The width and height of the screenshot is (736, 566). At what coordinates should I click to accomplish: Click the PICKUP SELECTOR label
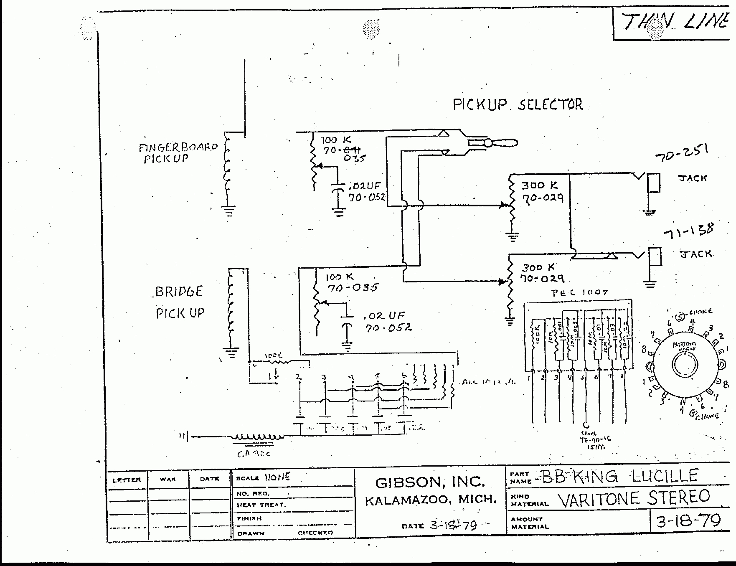[518, 104]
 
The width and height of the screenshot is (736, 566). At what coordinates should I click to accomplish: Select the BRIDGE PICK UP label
[180, 302]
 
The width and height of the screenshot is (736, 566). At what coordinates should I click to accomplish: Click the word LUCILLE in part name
[665, 476]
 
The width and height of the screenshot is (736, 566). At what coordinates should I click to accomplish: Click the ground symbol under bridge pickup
[232, 353]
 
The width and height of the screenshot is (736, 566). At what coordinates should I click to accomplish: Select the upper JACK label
[692, 178]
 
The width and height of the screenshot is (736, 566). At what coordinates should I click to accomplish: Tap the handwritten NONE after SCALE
[277, 477]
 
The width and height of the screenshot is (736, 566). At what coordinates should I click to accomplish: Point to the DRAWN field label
[251, 533]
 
